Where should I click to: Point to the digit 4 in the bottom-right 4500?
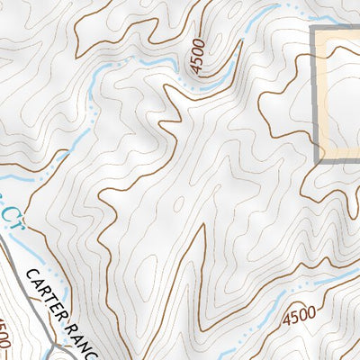(x=287, y=321)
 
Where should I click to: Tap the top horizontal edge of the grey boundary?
(x=338, y=31)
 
